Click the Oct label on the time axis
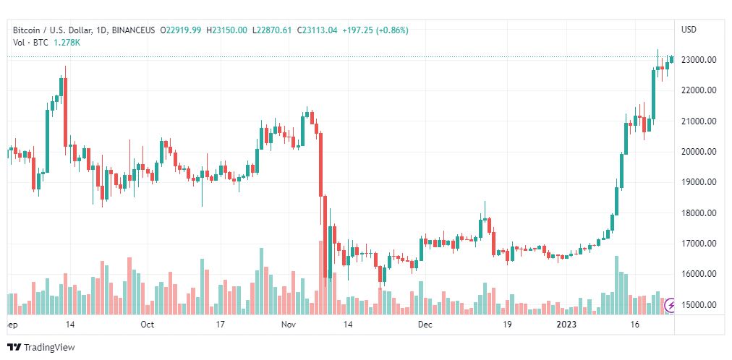click(x=147, y=325)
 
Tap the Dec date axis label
click(x=425, y=325)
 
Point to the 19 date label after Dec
click(x=508, y=325)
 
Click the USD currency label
click(x=689, y=30)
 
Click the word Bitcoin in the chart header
click(x=27, y=30)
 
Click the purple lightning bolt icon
click(x=670, y=304)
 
